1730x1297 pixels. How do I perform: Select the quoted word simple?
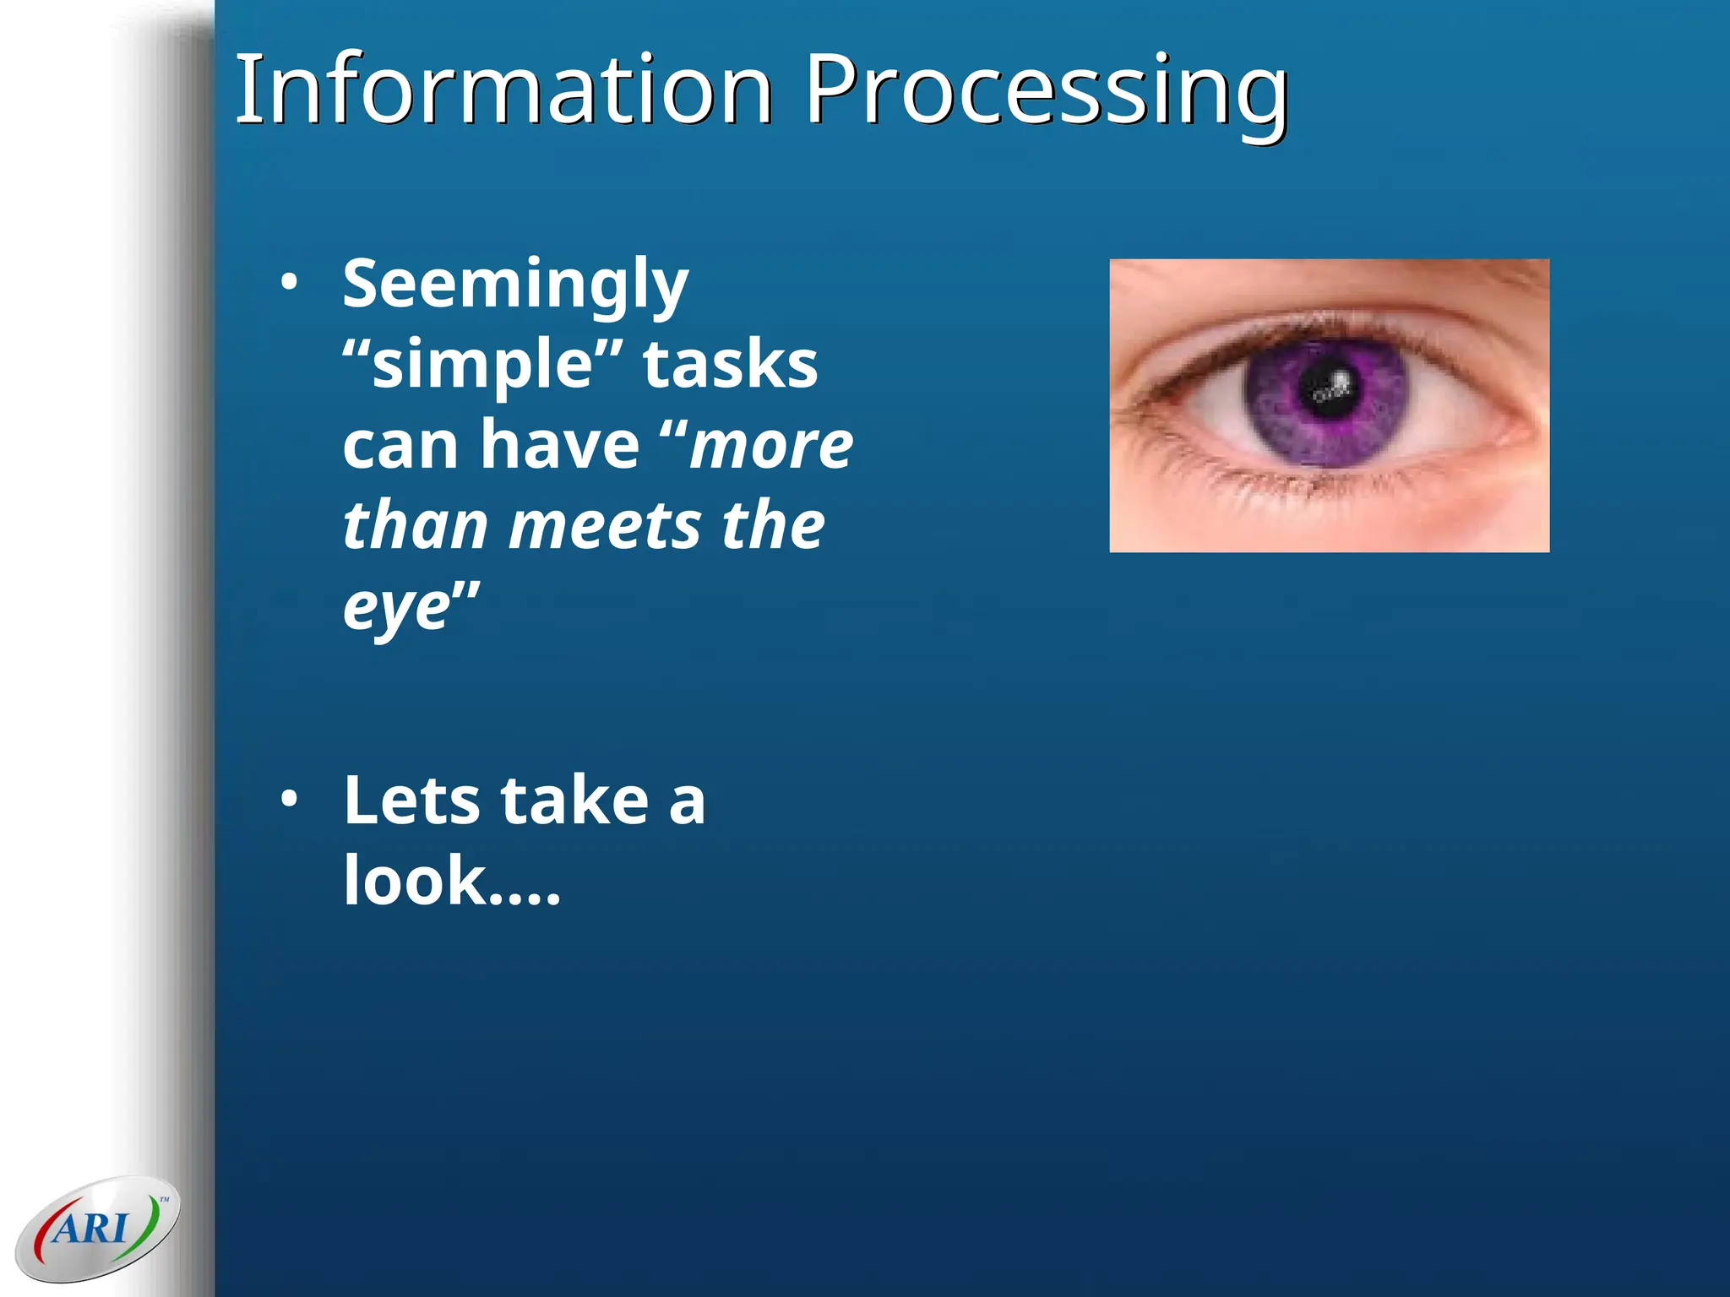pyautogui.click(x=482, y=365)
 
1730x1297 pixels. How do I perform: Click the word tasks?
pyautogui.click(x=730, y=365)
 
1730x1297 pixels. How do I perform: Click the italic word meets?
pyautogui.click(x=605, y=525)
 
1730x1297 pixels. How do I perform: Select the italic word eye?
pyautogui.click(x=397, y=606)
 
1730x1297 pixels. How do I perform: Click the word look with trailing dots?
pyautogui.click(x=451, y=881)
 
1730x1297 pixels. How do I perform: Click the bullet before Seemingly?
pyautogui.click(x=290, y=283)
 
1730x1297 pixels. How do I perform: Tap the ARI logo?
pyautogui.click(x=97, y=1228)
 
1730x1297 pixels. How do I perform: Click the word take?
pyautogui.click(x=574, y=800)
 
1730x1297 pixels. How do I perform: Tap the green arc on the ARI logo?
pyautogui.click(x=151, y=1224)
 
